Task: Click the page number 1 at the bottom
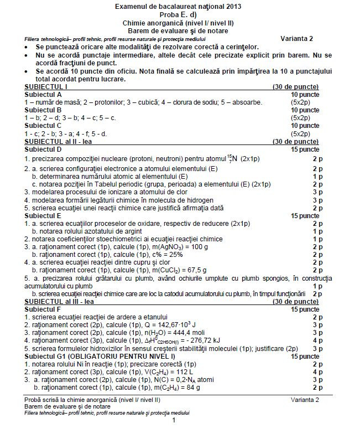[174, 436]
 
